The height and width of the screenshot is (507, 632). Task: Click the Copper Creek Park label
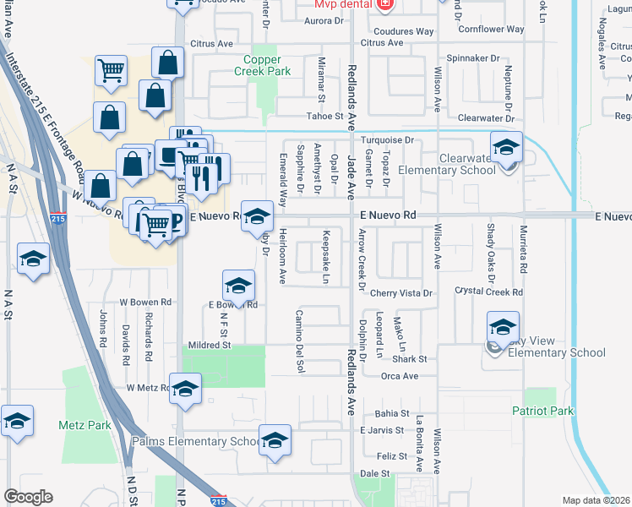(x=267, y=65)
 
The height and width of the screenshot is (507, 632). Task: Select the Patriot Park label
(x=542, y=412)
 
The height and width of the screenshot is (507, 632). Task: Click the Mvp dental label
(x=349, y=4)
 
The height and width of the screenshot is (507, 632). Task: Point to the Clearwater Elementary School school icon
(x=506, y=148)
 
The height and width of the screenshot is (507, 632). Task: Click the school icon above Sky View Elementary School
(x=503, y=327)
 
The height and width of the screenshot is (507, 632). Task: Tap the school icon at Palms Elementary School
(x=275, y=440)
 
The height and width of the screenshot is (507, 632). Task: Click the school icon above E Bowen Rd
(x=239, y=285)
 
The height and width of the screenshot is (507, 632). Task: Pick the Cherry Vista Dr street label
(x=401, y=293)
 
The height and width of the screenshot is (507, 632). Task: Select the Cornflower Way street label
(x=493, y=29)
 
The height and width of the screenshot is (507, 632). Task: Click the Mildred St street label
(x=209, y=346)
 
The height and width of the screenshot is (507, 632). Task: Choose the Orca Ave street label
(x=400, y=376)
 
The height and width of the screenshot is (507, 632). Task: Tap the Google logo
(x=28, y=497)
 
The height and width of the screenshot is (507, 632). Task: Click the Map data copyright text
(x=597, y=500)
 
